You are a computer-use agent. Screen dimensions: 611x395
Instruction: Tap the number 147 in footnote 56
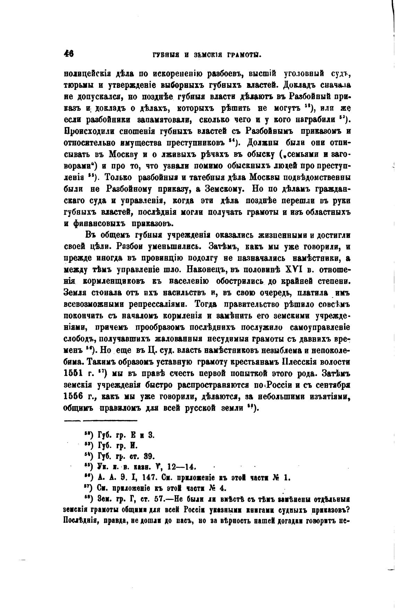[151, 478]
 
